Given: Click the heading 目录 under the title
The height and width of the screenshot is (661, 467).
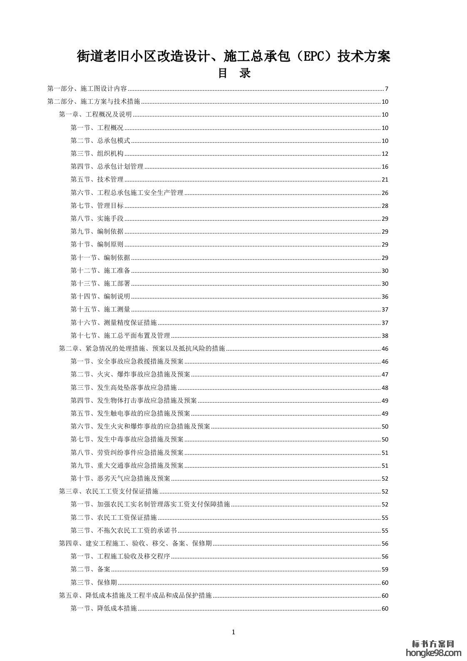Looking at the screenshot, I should [x=233, y=74].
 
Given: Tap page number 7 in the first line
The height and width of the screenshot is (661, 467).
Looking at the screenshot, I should [x=386, y=89].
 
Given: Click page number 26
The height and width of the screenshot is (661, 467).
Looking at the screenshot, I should [x=385, y=193].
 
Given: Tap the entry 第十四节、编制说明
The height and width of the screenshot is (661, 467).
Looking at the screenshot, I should [x=100, y=297].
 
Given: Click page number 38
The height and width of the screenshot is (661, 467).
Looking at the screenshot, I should [x=385, y=336].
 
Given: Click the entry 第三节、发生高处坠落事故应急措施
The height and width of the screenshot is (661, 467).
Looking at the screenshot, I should [x=124, y=388].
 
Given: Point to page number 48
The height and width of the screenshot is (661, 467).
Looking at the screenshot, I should [x=385, y=388].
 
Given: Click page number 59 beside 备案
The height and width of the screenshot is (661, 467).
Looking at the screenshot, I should [x=385, y=569].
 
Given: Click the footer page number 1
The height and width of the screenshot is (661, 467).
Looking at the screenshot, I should [x=233, y=632].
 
